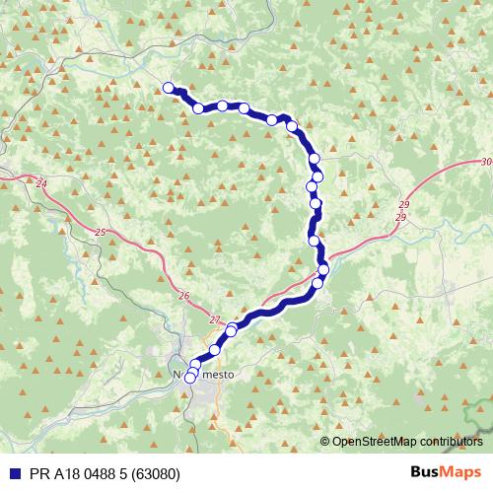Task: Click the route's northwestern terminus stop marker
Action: point(169,88)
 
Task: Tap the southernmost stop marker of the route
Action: point(190,377)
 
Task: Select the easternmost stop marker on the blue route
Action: point(323,270)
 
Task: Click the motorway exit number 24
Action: point(40,183)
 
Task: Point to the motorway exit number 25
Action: point(104,232)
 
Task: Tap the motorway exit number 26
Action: point(184,295)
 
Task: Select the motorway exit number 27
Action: point(215,319)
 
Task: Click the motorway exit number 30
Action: point(485,162)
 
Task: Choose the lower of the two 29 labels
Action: point(400,216)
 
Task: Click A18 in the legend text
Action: point(65,472)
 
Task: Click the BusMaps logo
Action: point(446,471)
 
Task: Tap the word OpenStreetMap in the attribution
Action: point(381,443)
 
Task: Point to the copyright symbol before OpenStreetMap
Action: point(325,443)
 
